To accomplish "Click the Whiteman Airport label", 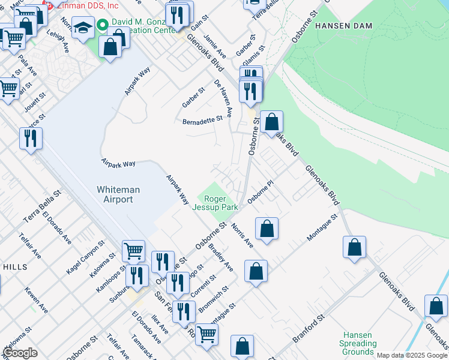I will pyautogui.click(x=118, y=194).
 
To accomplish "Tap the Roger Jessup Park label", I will pyautogui.click(x=214, y=203).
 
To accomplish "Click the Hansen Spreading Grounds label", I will pyautogui.click(x=358, y=343).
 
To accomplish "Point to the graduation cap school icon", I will pyautogui.click(x=82, y=27).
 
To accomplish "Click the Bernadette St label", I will pyautogui.click(x=202, y=119).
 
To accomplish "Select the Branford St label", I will pyautogui.click(x=309, y=328).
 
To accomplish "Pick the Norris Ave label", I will pyautogui.click(x=243, y=235).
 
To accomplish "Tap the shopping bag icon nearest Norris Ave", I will pyautogui.click(x=267, y=229).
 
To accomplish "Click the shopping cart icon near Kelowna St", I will pyautogui.click(x=133, y=250).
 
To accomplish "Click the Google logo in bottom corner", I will pyautogui.click(x=20, y=353).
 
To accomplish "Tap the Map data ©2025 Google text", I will pyautogui.click(x=411, y=355).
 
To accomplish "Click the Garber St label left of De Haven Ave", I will pyautogui.click(x=193, y=98).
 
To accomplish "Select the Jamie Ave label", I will pyautogui.click(x=214, y=46).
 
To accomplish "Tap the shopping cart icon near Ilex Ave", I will pyautogui.click(x=206, y=334).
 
